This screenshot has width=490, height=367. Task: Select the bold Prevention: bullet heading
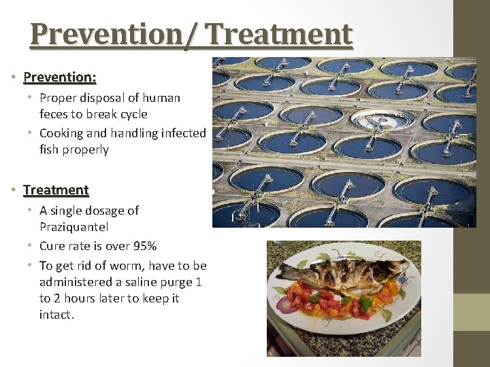point(59,77)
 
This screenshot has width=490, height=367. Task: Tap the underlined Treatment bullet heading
point(56,190)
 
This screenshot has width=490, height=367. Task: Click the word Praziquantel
point(74,226)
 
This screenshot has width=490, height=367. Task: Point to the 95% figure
point(142,245)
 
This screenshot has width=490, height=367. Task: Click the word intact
point(56,315)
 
